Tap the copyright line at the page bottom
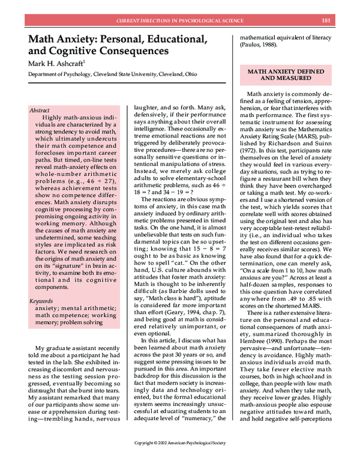point(179,460)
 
